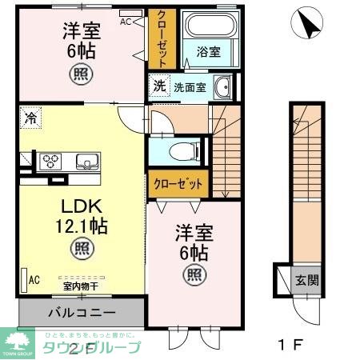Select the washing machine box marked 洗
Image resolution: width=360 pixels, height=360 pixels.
(160, 86)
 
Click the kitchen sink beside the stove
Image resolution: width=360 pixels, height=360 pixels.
(86, 162)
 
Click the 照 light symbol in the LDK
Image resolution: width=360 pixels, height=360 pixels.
(79, 246)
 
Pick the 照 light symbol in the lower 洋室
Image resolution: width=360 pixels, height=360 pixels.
(195, 277)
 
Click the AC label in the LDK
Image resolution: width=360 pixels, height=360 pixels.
(34, 280)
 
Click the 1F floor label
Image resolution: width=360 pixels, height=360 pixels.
(286, 346)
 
